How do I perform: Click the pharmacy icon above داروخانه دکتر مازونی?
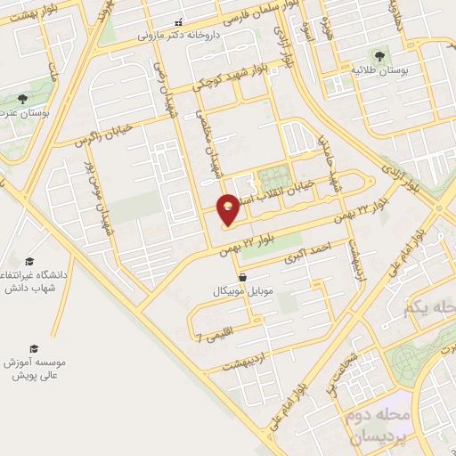(x=178, y=23)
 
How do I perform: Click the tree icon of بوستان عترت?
(x=20, y=99)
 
